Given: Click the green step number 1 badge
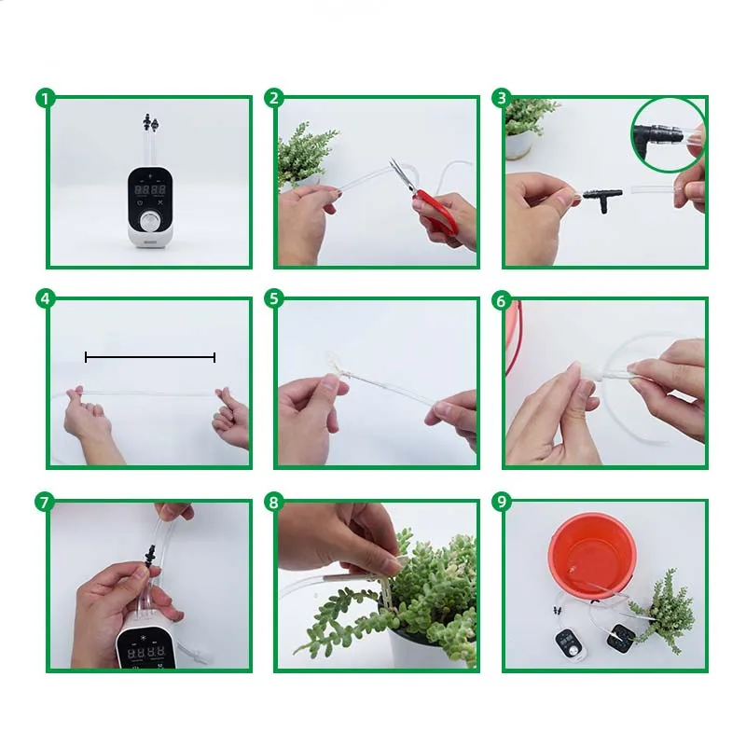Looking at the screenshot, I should click(x=44, y=98).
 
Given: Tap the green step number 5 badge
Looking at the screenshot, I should click(x=273, y=299).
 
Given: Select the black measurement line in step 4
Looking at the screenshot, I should click(x=150, y=357).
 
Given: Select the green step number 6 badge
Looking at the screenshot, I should click(x=503, y=299).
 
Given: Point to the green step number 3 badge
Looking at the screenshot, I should click(x=503, y=98).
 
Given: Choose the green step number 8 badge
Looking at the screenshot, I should click(x=273, y=502).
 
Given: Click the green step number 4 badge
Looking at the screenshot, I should click(x=44, y=299).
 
